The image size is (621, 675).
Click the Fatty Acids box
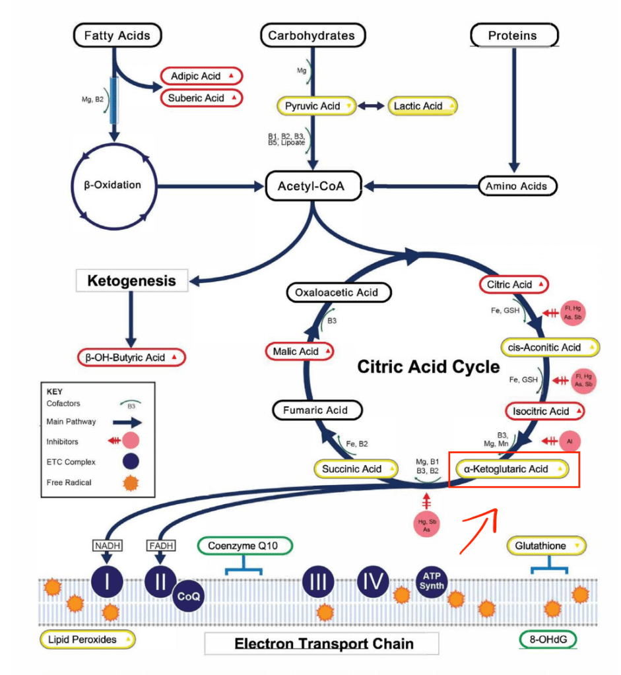[117, 36]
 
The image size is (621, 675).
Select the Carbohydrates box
[311, 36]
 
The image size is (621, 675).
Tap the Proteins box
[514, 36]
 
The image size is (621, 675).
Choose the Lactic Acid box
[422, 106]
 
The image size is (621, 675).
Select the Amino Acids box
[517, 186]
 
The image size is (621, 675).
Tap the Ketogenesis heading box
[133, 280]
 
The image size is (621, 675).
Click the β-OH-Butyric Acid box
[131, 357]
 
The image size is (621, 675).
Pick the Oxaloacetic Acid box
[339, 292]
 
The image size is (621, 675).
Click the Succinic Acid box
[356, 468]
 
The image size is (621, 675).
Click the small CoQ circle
[189, 596]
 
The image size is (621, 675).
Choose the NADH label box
[107, 545]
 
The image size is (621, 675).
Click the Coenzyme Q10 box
[245, 546]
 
